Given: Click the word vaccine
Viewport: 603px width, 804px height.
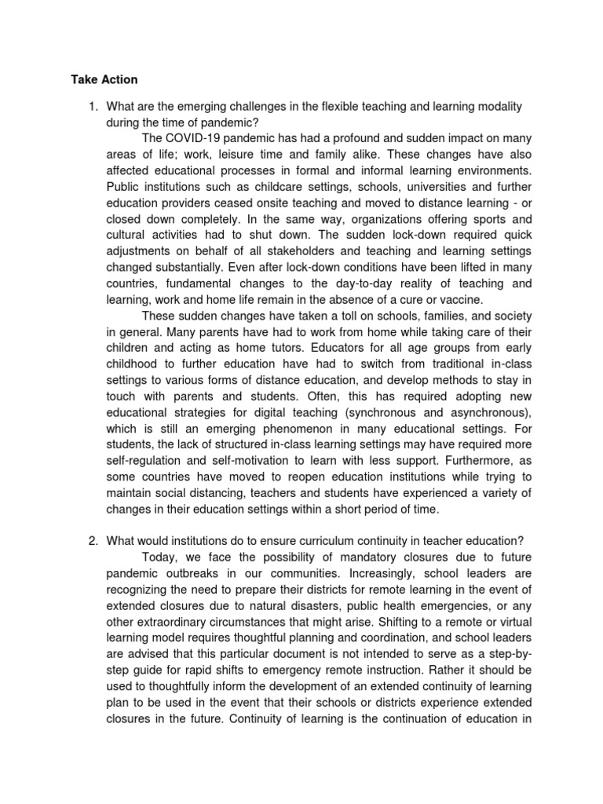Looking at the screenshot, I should click(x=460, y=300).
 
